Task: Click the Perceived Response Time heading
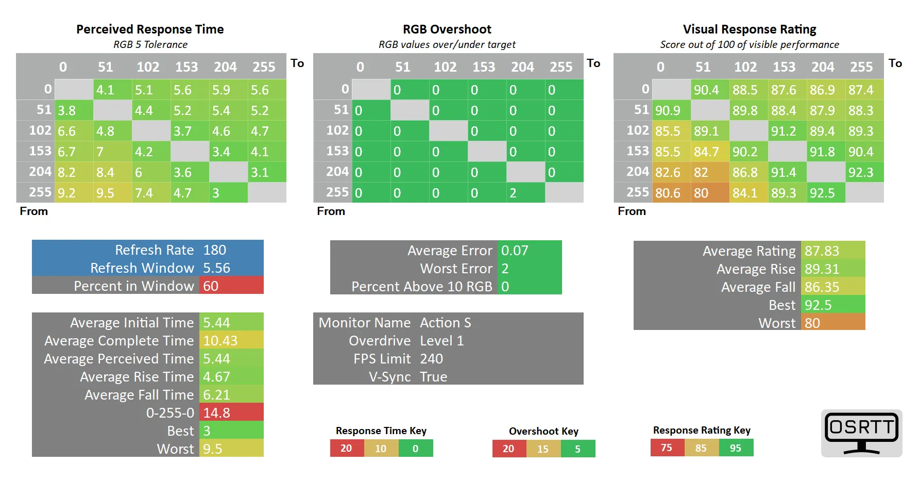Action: tap(150, 29)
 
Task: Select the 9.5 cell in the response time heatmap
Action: tap(113, 193)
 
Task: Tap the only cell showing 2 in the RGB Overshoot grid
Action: tap(525, 193)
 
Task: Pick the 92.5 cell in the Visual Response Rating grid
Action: tap(825, 193)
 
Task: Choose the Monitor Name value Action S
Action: tap(446, 323)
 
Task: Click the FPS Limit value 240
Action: tap(432, 359)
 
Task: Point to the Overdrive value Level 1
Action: tap(442, 341)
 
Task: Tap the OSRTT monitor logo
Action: tap(861, 433)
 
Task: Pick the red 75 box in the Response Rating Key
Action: tap(667, 448)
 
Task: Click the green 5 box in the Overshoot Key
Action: tap(578, 449)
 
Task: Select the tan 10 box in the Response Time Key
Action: tap(381, 449)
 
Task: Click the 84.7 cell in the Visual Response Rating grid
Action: tap(710, 152)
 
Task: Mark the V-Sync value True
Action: tap(434, 377)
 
